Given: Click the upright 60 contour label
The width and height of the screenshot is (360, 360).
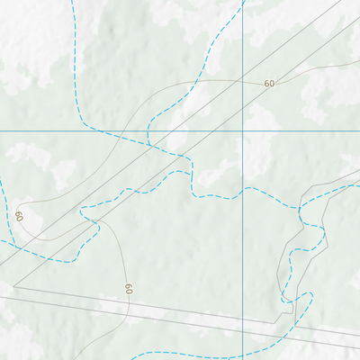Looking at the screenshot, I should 269,83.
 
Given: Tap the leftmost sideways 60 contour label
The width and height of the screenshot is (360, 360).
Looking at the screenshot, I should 19,217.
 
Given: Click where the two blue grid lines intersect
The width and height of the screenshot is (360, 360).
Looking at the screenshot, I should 243,130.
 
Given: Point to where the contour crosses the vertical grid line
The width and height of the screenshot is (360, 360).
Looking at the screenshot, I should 243,80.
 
